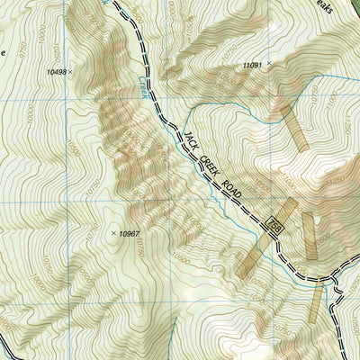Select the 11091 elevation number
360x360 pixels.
pyautogui.click(x=254, y=66)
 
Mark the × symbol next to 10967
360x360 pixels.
pyautogui.click(x=113, y=233)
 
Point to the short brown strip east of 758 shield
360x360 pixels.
pyautogui.click(x=309, y=236)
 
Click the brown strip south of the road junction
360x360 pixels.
pyautogui.click(x=314, y=302)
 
